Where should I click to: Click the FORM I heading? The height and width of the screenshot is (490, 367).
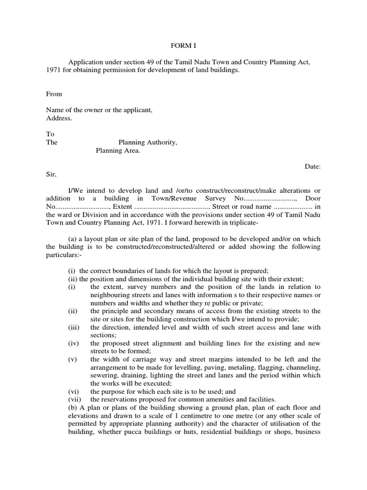183,46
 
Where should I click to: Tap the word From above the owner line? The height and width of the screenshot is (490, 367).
54,94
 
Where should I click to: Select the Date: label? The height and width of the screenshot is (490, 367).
313,167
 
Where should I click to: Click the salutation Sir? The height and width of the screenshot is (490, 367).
51,175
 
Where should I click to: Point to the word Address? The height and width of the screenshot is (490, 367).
59,118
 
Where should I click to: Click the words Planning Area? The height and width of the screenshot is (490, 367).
118,151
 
